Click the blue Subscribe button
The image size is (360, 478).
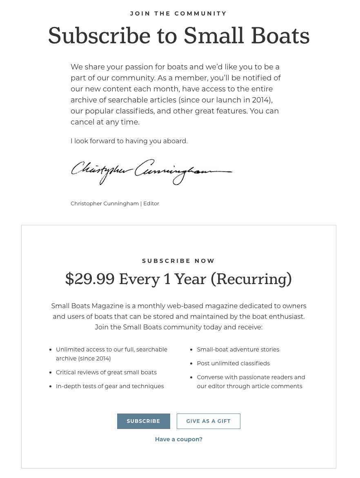(x=143, y=421)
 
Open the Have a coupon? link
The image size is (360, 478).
(x=179, y=439)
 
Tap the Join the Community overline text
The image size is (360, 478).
(x=178, y=13)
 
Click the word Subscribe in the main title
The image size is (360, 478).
(x=99, y=36)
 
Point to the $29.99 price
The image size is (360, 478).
(x=89, y=279)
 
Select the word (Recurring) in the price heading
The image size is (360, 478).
(x=251, y=279)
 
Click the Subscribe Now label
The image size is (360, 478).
(x=178, y=261)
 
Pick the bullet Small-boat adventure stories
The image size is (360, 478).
(x=238, y=349)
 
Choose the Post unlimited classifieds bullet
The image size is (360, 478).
(x=233, y=363)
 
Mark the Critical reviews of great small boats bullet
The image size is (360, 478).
(x=106, y=372)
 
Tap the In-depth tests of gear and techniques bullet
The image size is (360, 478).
(x=110, y=386)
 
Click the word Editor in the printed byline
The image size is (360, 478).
(x=151, y=203)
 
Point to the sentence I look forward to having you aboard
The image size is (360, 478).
(x=129, y=141)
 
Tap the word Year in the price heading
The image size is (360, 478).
(x=191, y=279)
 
